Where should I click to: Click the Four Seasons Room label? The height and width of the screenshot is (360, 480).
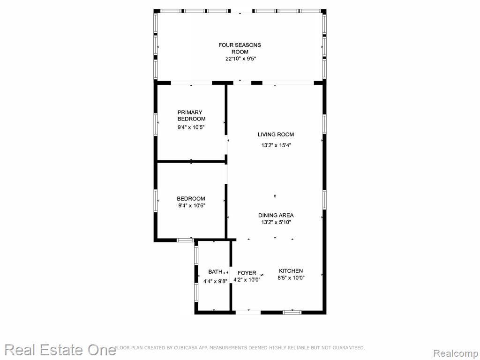click(x=240, y=48)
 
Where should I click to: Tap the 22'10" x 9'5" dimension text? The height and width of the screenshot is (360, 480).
click(x=240, y=59)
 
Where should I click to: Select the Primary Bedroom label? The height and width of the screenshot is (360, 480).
click(x=191, y=115)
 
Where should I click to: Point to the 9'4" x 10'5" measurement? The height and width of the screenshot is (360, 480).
click(x=191, y=127)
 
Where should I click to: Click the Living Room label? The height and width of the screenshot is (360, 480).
click(x=276, y=135)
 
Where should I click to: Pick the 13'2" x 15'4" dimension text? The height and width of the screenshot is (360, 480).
click(x=276, y=145)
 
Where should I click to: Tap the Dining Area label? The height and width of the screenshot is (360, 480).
click(x=276, y=216)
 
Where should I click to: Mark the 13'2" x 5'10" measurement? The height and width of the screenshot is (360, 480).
click(x=276, y=223)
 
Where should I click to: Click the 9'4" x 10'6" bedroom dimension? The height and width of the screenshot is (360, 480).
click(x=192, y=206)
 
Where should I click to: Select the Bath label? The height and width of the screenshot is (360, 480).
click(x=215, y=272)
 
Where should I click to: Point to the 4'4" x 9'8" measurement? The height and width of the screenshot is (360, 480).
click(x=215, y=281)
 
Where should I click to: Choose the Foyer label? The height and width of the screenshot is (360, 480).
click(x=247, y=273)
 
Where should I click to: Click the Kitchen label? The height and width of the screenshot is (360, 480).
click(x=291, y=271)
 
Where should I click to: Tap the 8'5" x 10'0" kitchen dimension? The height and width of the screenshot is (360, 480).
click(x=291, y=278)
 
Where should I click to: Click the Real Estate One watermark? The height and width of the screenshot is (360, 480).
click(x=60, y=350)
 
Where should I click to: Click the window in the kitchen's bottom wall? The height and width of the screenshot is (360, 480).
click(x=292, y=313)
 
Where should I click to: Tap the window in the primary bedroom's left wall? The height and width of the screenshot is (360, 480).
click(x=156, y=124)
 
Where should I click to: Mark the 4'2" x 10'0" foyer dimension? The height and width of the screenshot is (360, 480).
click(x=247, y=280)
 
